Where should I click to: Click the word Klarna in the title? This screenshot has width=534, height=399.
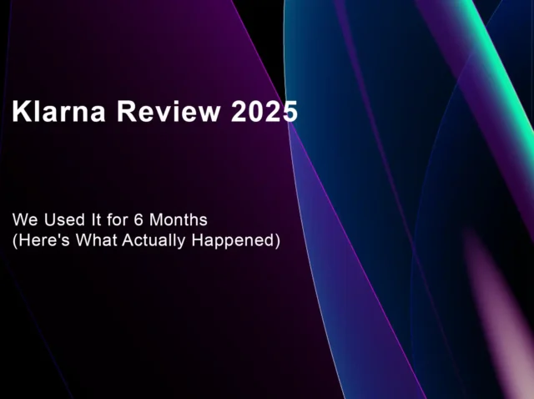coord(58,111)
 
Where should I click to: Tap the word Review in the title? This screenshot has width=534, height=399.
coord(169,111)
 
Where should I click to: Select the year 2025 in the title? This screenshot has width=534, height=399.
coord(264,111)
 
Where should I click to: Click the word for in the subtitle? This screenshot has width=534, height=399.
coord(117,220)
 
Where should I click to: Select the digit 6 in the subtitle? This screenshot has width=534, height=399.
coord(139,220)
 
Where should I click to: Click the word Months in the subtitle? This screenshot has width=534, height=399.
coord(178,220)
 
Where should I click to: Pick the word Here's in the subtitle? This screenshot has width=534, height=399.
coord(43,240)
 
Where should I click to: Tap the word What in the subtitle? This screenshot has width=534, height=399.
coord(96,240)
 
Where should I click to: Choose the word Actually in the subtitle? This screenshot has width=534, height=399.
coord(154,241)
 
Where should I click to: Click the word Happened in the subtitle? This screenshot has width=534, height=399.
coord(233,241)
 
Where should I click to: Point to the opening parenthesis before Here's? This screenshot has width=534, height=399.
coord(15,241)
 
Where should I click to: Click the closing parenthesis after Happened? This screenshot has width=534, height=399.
coord(277,241)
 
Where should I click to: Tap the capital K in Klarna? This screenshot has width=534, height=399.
coord(21,111)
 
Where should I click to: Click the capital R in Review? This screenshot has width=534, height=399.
coord(126,111)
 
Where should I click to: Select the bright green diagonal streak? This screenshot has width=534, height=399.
coord(501,68)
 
